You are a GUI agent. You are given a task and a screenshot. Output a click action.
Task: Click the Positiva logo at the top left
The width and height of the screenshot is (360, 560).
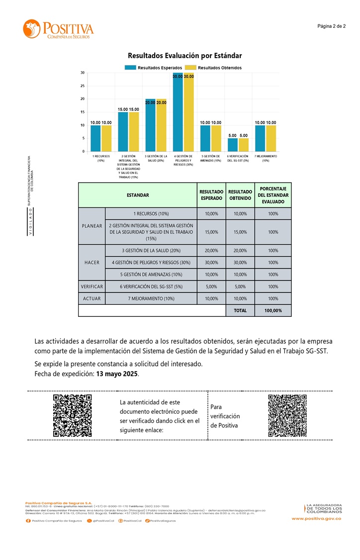coord(58,29)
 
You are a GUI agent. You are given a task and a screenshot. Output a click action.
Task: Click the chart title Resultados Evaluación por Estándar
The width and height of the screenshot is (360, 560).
coord(184,56)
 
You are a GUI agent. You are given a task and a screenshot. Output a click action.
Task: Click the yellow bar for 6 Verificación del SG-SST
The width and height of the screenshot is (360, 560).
coord(244,145)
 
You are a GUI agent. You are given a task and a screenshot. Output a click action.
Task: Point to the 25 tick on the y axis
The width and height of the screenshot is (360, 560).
coord(82,86)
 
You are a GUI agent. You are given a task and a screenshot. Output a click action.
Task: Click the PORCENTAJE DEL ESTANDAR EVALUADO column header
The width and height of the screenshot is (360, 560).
coord(273,195)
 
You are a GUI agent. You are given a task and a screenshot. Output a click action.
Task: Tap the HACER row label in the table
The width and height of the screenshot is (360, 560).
coord(91,263)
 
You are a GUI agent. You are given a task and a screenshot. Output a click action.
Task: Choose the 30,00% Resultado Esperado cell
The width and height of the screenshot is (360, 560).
coord(211,263)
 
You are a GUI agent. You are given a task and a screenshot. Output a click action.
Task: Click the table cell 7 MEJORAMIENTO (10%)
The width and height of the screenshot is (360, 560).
coord(151,298)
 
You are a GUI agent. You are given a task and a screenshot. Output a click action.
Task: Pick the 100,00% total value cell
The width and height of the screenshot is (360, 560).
coord(273,310)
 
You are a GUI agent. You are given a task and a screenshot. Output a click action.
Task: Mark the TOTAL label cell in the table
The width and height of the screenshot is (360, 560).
coord(240,310)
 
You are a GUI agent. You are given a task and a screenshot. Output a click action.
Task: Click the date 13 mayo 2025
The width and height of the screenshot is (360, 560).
coord(117,373)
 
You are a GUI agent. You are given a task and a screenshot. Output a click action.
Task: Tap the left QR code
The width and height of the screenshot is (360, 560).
coord(73,415)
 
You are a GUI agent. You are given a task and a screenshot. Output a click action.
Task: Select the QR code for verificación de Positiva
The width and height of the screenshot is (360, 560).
coord(287,415)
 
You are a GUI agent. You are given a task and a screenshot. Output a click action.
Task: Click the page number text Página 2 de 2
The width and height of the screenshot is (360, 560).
coord(331,26)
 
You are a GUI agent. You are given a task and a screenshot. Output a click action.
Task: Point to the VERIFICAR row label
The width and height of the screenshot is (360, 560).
coord(91,286)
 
